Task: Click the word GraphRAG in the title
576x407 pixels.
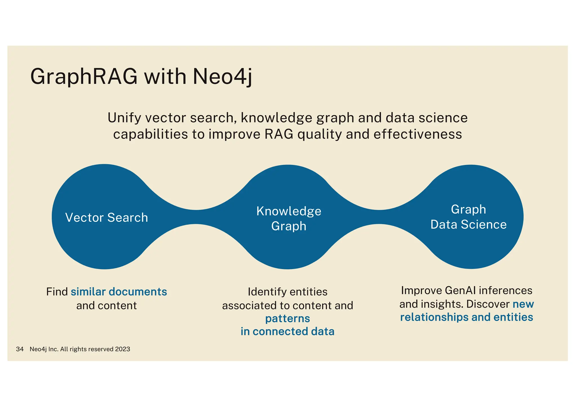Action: pos(84,77)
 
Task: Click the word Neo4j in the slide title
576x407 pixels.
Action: pos(222,77)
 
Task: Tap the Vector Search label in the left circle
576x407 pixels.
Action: pos(107,218)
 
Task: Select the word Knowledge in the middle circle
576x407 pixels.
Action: pos(289,211)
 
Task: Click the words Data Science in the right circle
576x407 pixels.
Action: pos(468,225)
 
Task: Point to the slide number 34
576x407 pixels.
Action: pos(20,349)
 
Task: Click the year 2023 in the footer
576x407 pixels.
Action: pos(123,349)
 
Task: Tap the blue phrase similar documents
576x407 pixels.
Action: pos(119,292)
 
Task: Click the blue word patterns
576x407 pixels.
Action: pos(287,319)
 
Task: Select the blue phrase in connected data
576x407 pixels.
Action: pos(287,332)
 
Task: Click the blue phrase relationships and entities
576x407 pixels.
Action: pos(466,317)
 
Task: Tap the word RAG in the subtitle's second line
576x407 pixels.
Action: pos(279,134)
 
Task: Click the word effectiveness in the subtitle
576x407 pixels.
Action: pos(418,134)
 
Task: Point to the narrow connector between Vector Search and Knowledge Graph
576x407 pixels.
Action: pos(196,217)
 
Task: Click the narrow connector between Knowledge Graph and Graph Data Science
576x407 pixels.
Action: pos(379,217)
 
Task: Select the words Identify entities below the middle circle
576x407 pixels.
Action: pos(287,292)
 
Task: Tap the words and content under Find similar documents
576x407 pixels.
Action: pos(106,306)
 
